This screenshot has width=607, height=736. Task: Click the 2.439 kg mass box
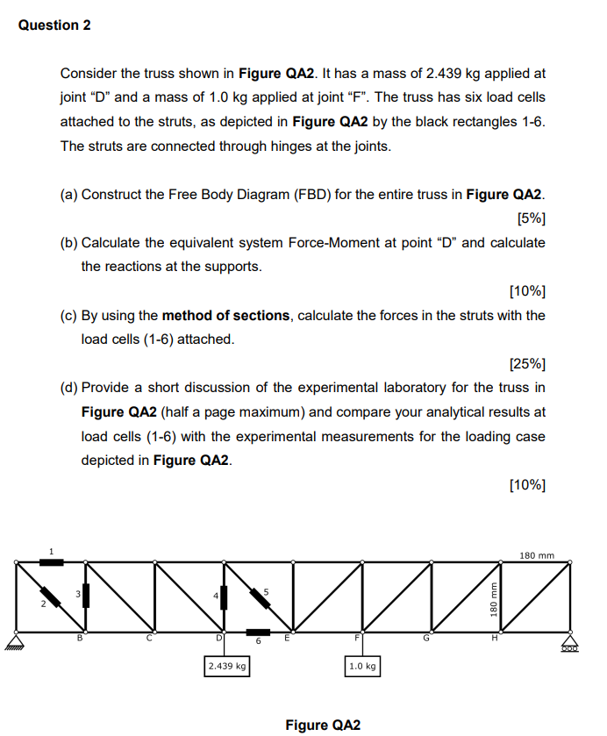coord(227,667)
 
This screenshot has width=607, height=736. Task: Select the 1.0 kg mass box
coord(362,667)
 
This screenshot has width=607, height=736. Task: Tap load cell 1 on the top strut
coord(51,560)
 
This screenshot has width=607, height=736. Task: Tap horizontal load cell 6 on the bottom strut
coord(258,631)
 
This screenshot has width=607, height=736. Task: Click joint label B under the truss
coord(82,639)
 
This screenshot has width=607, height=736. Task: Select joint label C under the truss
coord(149,639)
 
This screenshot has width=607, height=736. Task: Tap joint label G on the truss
coord(427,639)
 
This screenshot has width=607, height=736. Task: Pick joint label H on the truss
coord(495,639)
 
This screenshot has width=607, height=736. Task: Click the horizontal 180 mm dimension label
coord(537,554)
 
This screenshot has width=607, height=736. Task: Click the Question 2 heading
coord(54,25)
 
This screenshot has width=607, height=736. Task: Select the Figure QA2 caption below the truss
coord(322,725)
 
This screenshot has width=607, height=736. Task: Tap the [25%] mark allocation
coord(526,363)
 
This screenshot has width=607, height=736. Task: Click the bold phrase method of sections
coord(225,315)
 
